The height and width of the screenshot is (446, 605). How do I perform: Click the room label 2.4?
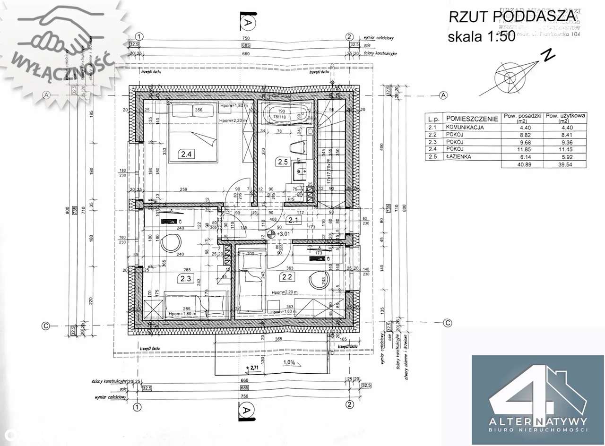[x=186, y=153]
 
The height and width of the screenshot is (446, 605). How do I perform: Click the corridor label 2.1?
[x=293, y=219]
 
